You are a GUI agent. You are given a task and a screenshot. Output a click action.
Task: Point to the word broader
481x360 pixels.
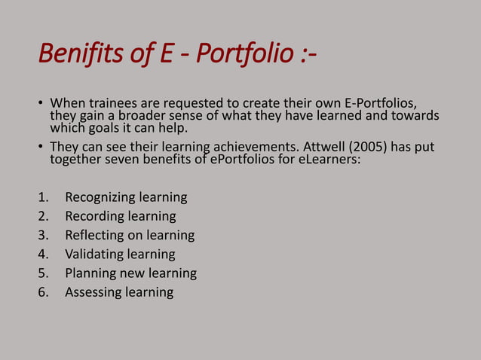click(x=151, y=115)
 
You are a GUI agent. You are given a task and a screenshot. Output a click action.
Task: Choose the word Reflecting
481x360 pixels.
click(x=95, y=235)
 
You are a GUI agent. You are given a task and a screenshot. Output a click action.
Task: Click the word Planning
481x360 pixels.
click(x=90, y=273)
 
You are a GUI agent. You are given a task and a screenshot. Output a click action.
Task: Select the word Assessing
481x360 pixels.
click(x=93, y=291)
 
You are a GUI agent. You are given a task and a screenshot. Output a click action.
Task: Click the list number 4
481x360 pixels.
click(x=42, y=254)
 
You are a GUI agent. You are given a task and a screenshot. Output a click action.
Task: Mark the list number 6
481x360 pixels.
click(x=42, y=291)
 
